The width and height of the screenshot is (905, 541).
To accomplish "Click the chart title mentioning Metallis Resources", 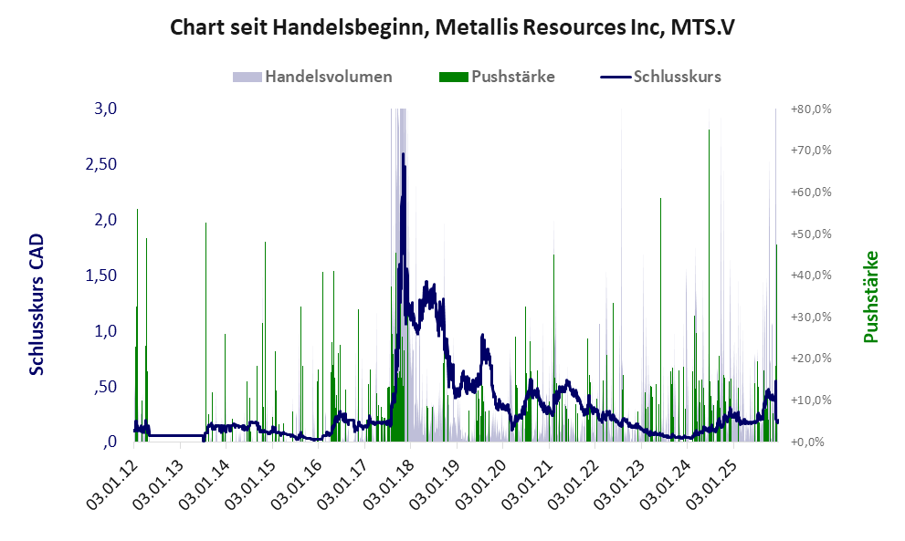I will coord(452,28).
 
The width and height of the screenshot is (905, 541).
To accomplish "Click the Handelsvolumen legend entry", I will coord(328,77).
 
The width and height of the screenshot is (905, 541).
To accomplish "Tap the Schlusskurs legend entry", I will coord(677,77).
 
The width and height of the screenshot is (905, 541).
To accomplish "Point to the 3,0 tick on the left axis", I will coord(106,109).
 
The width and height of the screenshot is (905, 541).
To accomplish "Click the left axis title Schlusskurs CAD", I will coord(37,304).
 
